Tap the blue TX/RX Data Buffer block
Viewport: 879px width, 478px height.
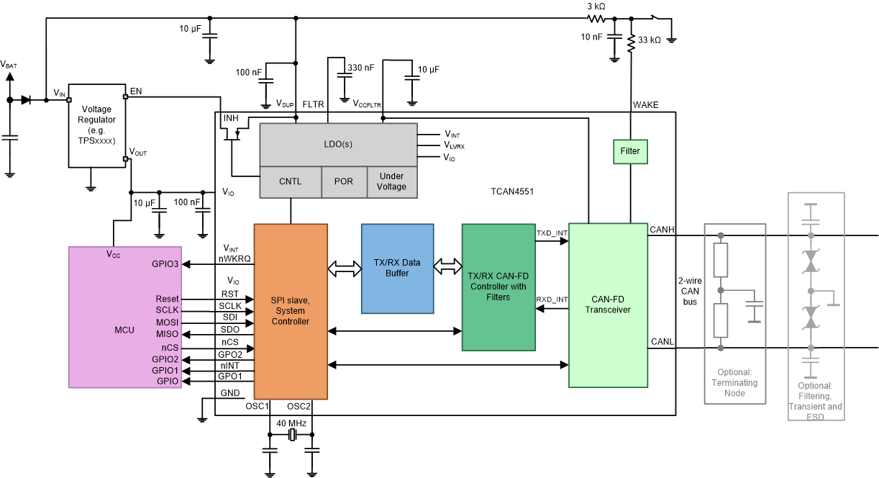click(x=397, y=268)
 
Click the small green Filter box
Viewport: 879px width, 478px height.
click(x=630, y=152)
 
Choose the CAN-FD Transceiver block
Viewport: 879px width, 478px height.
click(x=608, y=305)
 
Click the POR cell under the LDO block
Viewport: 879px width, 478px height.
click(x=344, y=181)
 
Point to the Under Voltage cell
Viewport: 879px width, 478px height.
click(x=392, y=181)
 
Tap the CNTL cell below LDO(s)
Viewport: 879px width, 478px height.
click(x=290, y=181)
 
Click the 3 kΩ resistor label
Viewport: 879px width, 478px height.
click(x=596, y=6)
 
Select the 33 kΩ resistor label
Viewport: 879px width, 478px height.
click(x=650, y=40)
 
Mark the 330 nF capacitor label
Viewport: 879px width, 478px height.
click(x=360, y=68)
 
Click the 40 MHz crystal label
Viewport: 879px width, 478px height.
click(x=291, y=423)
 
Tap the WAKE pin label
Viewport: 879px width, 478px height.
click(x=645, y=105)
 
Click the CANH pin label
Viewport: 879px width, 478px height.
click(x=662, y=230)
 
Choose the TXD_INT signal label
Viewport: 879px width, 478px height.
click(x=551, y=234)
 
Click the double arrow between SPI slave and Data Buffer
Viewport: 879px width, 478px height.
click(x=344, y=269)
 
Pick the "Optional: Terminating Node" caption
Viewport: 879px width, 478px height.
click(x=734, y=383)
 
